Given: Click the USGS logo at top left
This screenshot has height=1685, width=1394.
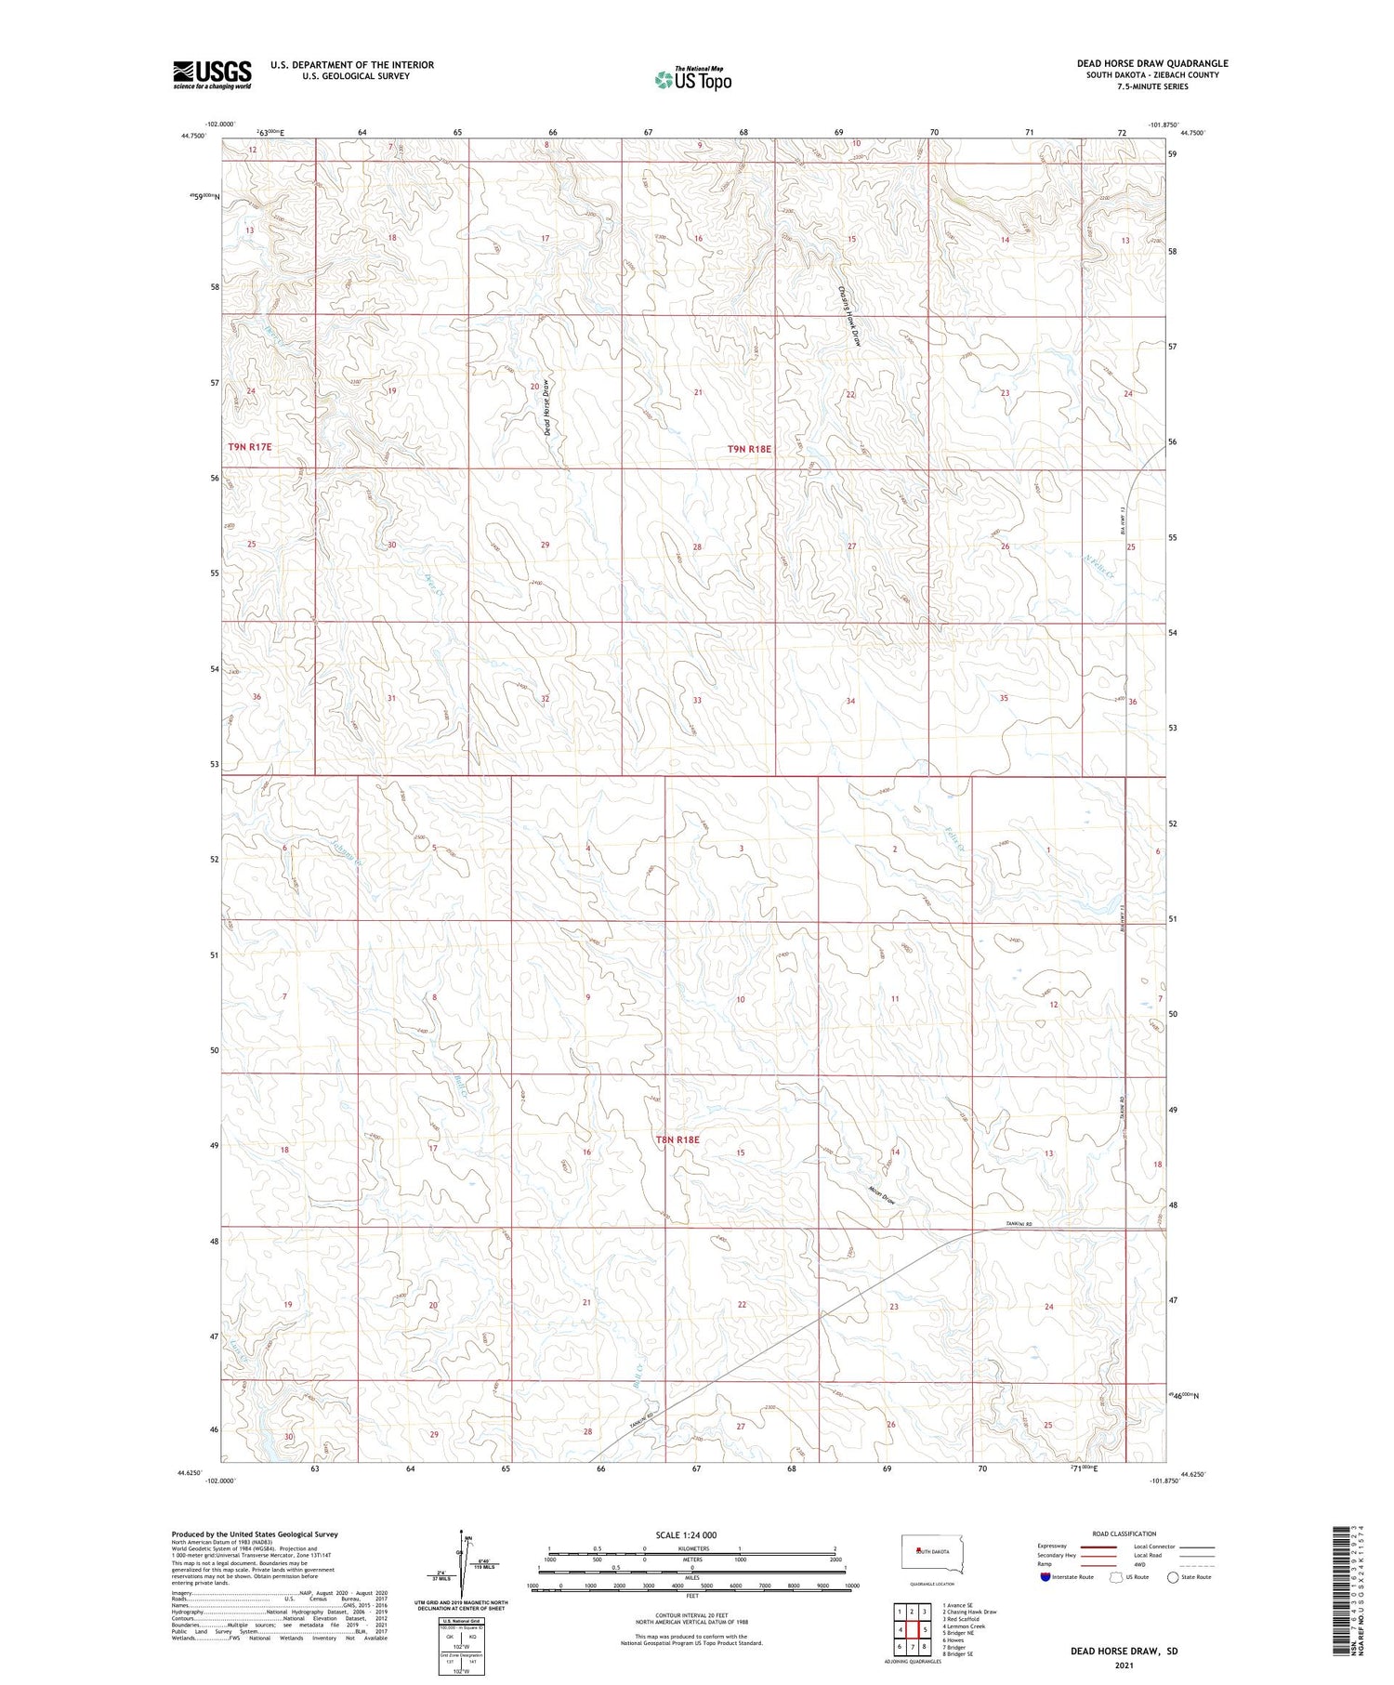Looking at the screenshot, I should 212,74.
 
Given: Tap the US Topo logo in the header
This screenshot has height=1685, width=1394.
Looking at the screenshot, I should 693,79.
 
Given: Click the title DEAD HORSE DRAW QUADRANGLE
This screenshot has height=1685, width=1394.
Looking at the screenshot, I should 1152,63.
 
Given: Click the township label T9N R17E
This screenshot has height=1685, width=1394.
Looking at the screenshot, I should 250,447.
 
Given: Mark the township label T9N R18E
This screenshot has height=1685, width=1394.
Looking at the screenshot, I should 749,449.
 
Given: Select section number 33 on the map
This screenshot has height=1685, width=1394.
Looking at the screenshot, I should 696,700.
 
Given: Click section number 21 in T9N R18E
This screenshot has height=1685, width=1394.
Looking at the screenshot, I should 698,393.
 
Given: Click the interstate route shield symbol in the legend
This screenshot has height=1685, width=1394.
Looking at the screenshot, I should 1046,1577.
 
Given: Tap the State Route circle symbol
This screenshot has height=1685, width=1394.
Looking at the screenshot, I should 1173,1577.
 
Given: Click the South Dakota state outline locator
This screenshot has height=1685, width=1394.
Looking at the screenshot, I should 933,1555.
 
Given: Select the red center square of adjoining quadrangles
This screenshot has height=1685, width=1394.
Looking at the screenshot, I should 913,1629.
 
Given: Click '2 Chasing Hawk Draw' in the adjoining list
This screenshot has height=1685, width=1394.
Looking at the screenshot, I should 969,1613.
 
